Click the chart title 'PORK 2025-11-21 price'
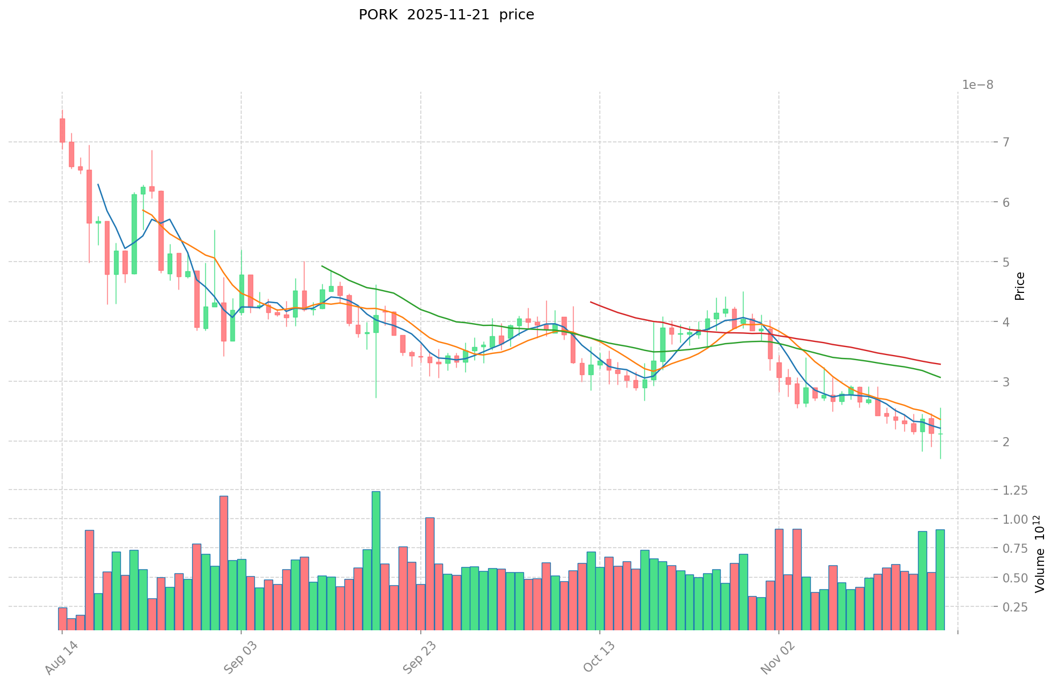pos(446,15)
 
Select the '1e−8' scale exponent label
pos(977,85)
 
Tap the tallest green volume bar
pos(376,560)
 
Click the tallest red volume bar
pos(224,562)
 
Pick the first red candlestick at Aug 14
pos(62,131)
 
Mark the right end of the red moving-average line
pos(940,364)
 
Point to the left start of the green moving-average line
pos(322,266)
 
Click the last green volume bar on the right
pos(940,579)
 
